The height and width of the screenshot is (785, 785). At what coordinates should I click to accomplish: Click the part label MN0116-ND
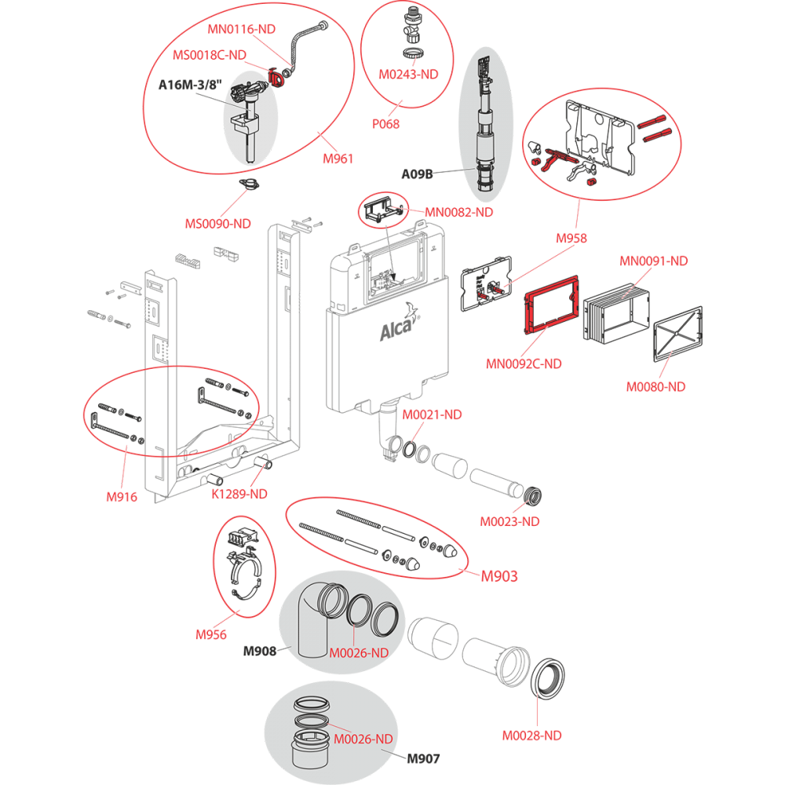pyautogui.click(x=241, y=29)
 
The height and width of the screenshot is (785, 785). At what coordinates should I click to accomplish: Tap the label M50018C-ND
pyautogui.click(x=210, y=55)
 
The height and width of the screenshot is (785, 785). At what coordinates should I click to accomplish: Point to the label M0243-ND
pyautogui.click(x=407, y=75)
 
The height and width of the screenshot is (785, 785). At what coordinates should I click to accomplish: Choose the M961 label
pyautogui.click(x=338, y=159)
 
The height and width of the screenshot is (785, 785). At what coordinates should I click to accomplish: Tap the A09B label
pyautogui.click(x=417, y=173)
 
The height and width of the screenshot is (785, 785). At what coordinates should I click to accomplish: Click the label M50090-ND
pyautogui.click(x=217, y=223)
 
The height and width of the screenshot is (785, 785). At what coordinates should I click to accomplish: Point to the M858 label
pyautogui.click(x=571, y=238)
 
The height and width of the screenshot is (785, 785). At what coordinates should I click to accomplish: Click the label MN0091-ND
pyautogui.click(x=653, y=261)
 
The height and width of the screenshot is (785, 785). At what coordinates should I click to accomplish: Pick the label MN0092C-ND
pyautogui.click(x=524, y=363)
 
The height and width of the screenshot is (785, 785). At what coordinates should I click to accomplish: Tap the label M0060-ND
pyautogui.click(x=655, y=386)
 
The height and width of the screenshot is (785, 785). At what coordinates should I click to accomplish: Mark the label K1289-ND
pyautogui.click(x=239, y=494)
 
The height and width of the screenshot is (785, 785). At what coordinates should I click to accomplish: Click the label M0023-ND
pyautogui.click(x=509, y=520)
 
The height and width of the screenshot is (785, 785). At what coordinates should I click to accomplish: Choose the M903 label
pyautogui.click(x=498, y=576)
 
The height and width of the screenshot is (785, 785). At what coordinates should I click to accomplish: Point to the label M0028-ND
pyautogui.click(x=531, y=736)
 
